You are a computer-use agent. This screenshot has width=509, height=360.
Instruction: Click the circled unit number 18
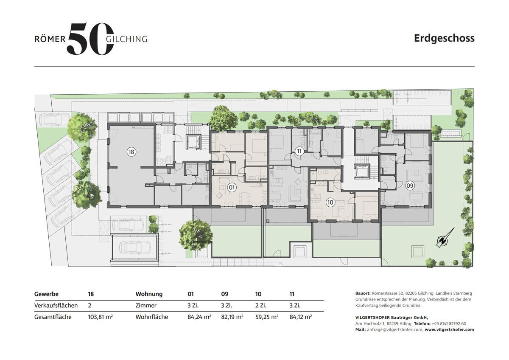point(131,152)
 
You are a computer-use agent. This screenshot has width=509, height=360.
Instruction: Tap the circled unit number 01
point(232,187)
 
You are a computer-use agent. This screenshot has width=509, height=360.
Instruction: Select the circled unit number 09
point(410,186)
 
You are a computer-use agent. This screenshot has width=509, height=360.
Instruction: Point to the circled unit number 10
point(330,202)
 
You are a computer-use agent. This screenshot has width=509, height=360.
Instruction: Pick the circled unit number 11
point(299,151)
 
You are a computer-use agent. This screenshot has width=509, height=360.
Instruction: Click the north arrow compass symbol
point(445,238)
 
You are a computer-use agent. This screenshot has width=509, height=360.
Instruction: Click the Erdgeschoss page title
point(444,39)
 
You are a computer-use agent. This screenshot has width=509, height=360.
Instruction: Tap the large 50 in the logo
point(90,39)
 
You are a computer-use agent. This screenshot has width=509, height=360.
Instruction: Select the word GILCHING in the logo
point(126,39)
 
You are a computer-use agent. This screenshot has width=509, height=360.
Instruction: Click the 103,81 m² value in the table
point(100,317)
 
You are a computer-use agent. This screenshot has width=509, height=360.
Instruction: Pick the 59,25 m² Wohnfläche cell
point(267,317)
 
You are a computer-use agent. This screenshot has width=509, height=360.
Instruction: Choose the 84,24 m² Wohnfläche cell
point(199,317)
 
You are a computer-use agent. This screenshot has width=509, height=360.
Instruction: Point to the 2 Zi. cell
point(260,305)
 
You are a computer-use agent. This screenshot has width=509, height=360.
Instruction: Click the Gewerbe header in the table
point(46,294)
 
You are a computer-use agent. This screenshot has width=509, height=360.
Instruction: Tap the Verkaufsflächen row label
point(56,305)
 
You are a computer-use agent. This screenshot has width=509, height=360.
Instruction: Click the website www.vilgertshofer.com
point(449,329)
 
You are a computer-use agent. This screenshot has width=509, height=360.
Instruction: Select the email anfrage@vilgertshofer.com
point(394,329)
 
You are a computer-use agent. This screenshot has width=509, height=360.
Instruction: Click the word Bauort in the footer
point(363,293)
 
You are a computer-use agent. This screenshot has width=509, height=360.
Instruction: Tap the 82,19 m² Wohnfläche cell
point(232,317)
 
